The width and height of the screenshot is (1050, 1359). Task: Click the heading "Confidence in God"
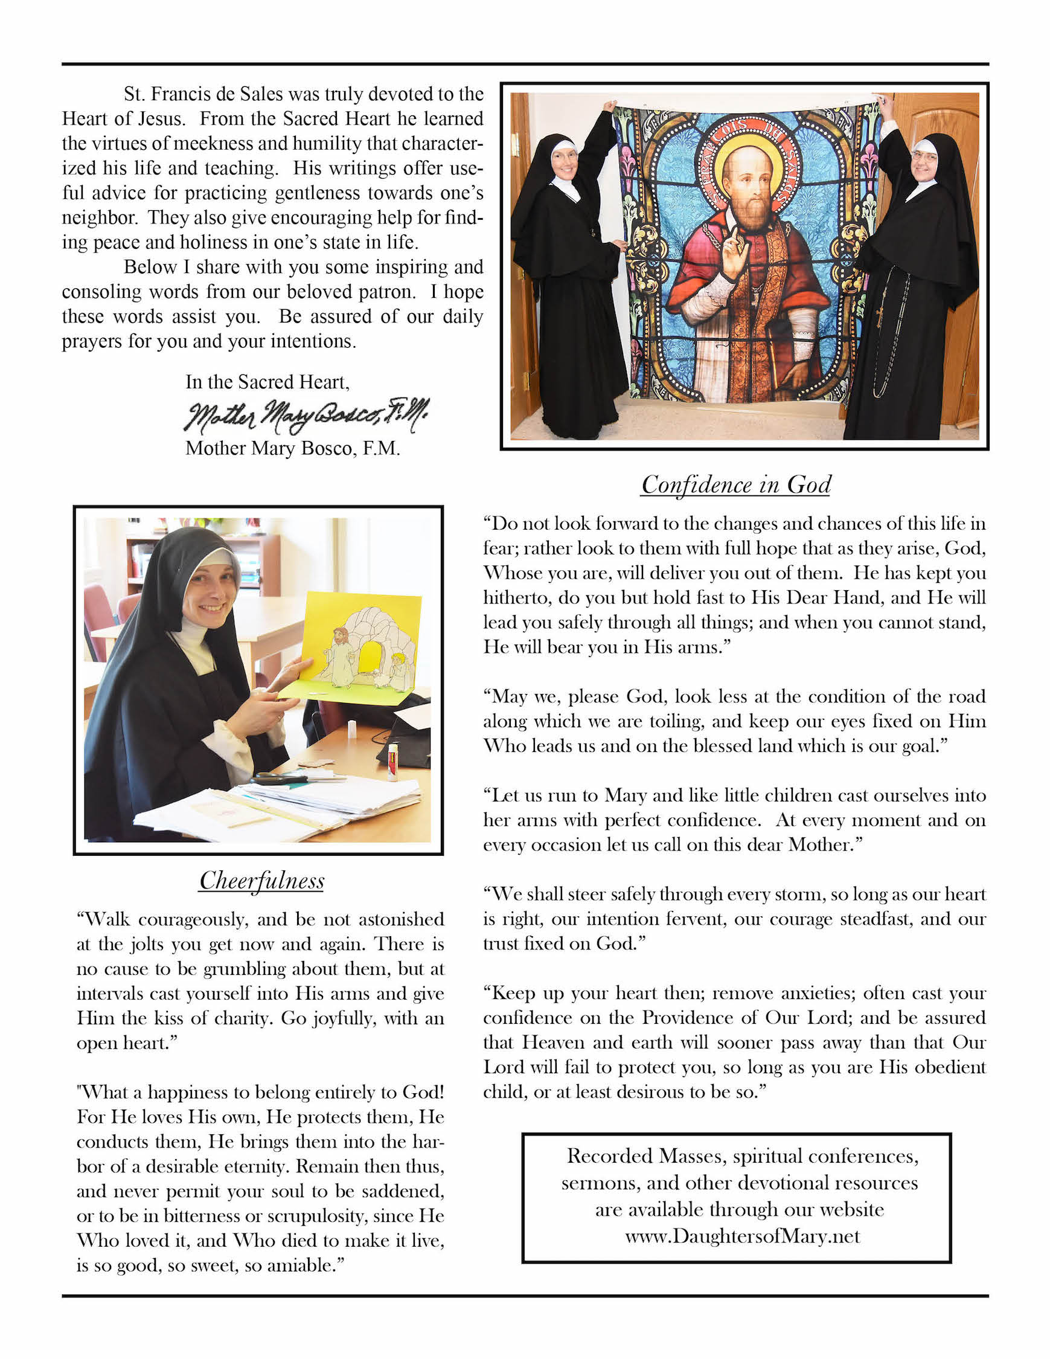click(736, 485)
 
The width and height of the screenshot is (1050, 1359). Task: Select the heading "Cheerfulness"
click(261, 881)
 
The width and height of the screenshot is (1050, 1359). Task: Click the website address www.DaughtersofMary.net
click(742, 1236)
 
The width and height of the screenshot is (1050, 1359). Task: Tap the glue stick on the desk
click(392, 760)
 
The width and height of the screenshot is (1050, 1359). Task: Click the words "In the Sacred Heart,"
click(267, 382)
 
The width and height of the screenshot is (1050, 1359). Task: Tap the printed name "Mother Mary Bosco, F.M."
click(292, 448)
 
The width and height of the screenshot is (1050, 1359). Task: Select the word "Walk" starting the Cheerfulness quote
click(107, 919)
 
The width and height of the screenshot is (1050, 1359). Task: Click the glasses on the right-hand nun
click(924, 155)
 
